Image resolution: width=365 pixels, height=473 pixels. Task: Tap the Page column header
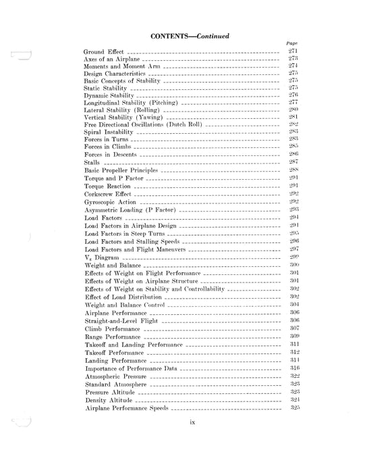pyautogui.click(x=292, y=45)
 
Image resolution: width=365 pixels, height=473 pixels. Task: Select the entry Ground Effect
pyautogui.click(x=105, y=53)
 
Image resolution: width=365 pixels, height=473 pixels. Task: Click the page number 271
pyautogui.click(x=293, y=52)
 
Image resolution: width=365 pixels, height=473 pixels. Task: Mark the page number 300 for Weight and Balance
pyautogui.click(x=293, y=266)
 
